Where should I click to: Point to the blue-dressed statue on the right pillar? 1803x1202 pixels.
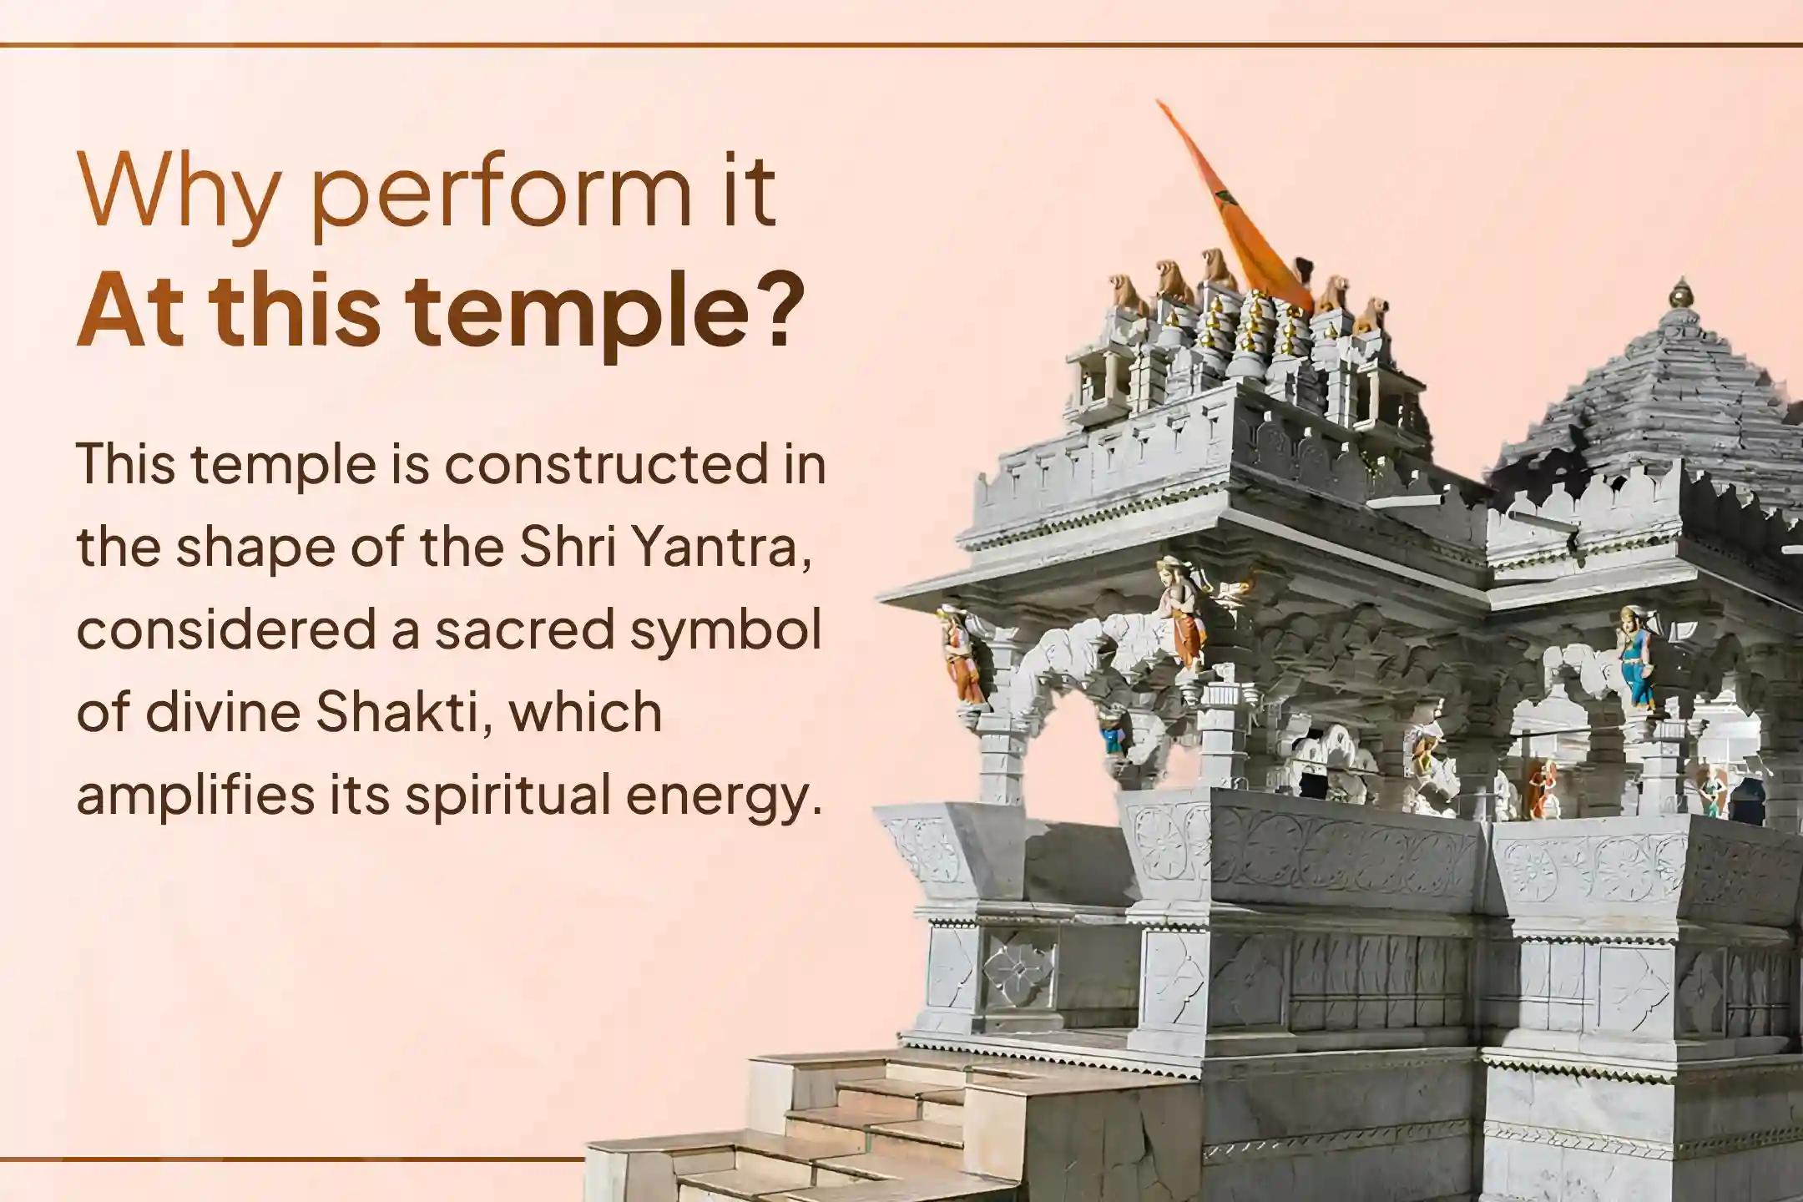(1634, 659)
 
